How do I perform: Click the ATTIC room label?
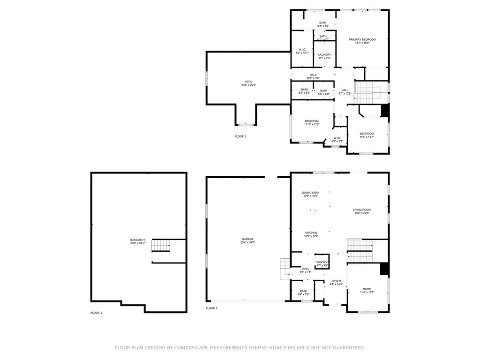[248, 82]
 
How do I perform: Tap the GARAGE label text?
[248, 239]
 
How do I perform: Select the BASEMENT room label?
[137, 240]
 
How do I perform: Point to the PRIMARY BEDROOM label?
[362, 39]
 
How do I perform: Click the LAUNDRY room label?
[325, 55]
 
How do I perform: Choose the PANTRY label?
[322, 262]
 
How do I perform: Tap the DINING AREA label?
[310, 193]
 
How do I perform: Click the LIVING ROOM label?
[362, 210]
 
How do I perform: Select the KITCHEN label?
[311, 233]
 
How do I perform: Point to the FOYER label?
[336, 281]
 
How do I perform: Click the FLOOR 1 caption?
[96, 313]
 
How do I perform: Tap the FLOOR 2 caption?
[211, 308]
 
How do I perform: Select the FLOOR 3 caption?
[240, 136]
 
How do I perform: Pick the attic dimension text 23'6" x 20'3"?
[248, 85]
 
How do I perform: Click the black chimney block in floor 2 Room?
[384, 269]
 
